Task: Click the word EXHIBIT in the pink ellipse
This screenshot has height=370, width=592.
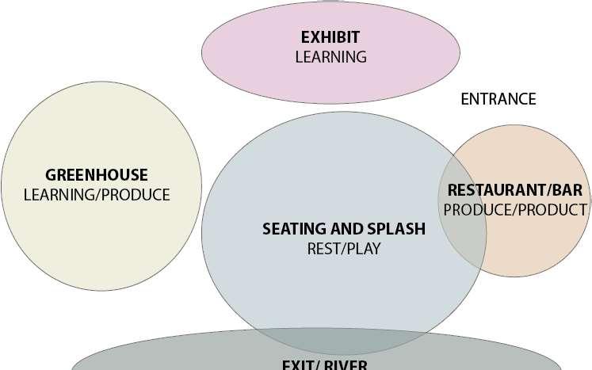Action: click(330, 37)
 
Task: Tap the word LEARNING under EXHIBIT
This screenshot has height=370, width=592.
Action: click(330, 57)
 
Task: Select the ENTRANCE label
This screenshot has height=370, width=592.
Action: click(498, 99)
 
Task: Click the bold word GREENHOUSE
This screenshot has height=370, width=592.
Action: click(97, 175)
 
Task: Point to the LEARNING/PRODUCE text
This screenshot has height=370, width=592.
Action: click(97, 194)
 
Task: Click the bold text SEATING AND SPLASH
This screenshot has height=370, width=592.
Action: click(344, 229)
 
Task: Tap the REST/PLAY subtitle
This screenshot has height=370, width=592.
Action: click(344, 249)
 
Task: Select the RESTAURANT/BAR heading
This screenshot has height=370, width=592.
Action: click(515, 190)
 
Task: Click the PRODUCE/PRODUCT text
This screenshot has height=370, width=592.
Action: click(515, 210)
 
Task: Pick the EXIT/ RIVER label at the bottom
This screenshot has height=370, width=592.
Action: click(324, 364)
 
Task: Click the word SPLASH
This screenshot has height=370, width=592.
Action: click(397, 229)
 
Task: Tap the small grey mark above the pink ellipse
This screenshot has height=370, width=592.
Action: click(330, 2)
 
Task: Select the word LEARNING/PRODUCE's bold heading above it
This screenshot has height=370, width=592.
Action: click(97, 175)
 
